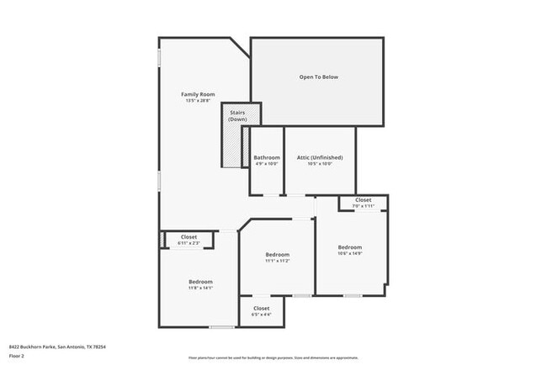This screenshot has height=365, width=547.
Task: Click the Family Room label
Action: [x=199, y=94]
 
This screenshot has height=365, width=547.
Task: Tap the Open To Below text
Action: [x=318, y=77]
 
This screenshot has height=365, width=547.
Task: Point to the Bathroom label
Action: [x=267, y=157]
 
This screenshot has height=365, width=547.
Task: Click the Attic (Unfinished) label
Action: [x=320, y=157]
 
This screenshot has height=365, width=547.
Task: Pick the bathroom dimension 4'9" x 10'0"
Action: [x=267, y=165]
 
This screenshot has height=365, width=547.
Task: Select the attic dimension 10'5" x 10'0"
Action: [x=320, y=165]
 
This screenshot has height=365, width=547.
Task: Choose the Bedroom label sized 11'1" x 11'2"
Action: [x=277, y=254]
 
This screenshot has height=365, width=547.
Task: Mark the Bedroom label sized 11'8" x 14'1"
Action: [x=200, y=281]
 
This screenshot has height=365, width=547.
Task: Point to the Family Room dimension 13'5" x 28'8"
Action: [x=199, y=101]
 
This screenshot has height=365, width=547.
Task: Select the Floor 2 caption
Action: [x=17, y=357]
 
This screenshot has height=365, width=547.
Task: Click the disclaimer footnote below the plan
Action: [x=273, y=357]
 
